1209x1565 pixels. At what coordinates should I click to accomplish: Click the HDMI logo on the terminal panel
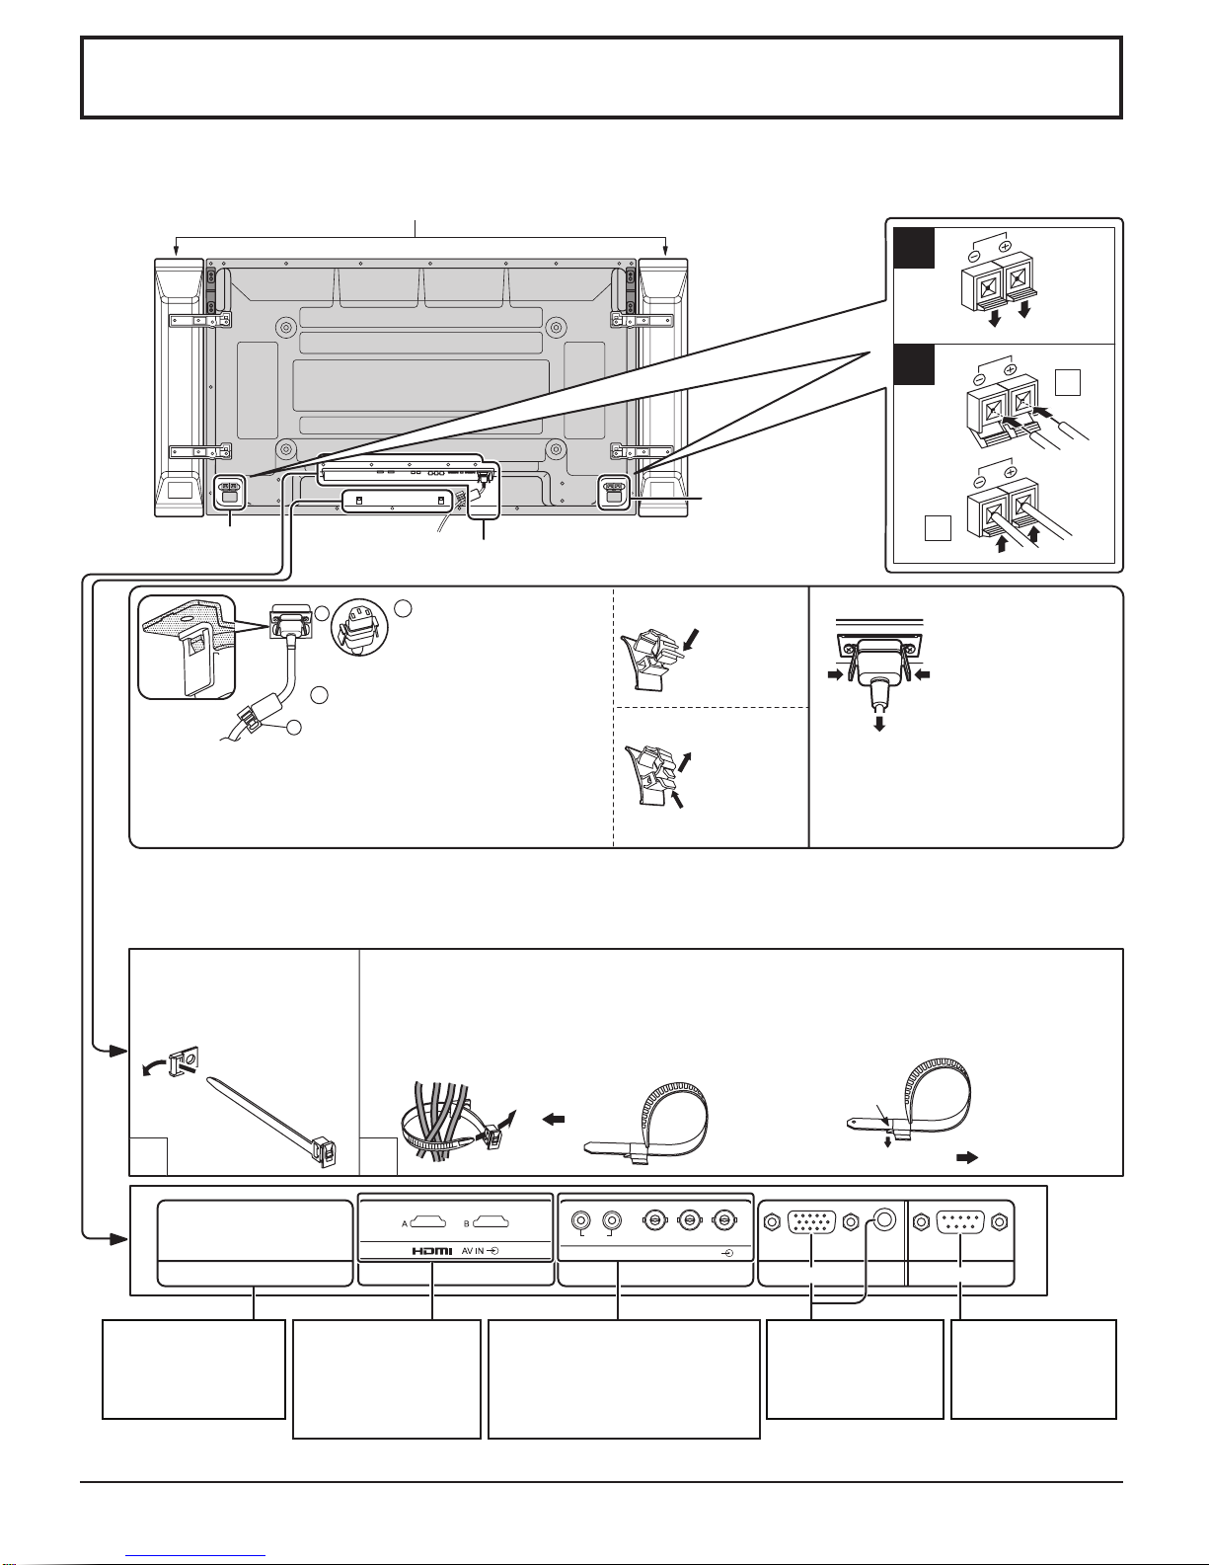click(x=432, y=1251)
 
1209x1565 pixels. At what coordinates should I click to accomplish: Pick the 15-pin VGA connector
click(x=811, y=1223)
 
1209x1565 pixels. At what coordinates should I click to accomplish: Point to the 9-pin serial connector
click(x=960, y=1223)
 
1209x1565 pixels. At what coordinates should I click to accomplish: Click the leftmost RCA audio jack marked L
click(x=580, y=1221)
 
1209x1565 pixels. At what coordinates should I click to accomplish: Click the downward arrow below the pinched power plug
click(x=878, y=722)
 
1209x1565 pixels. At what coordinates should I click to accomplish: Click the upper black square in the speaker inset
click(x=914, y=248)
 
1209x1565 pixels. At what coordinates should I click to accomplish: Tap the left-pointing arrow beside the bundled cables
click(x=554, y=1119)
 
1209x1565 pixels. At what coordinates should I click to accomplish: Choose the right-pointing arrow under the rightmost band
click(x=967, y=1157)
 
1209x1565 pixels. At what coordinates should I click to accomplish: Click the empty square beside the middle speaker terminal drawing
click(x=1068, y=382)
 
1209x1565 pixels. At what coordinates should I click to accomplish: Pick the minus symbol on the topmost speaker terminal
click(x=973, y=255)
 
